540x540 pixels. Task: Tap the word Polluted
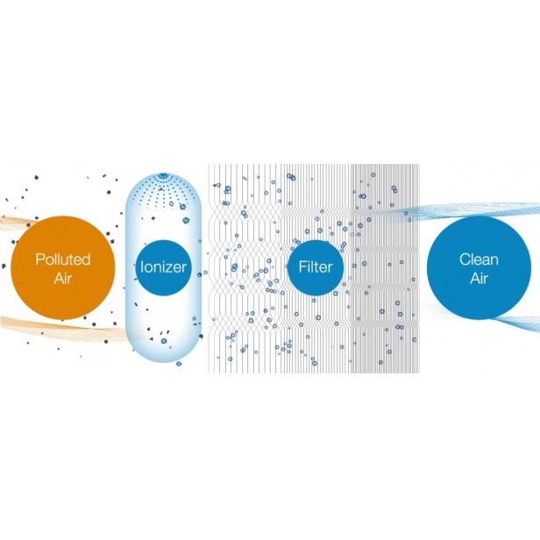(x=63, y=259)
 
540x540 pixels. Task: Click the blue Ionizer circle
(x=164, y=266)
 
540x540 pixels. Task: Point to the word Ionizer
(x=164, y=266)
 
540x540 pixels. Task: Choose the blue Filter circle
(x=313, y=266)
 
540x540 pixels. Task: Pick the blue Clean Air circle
(x=479, y=267)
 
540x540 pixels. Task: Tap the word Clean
(x=479, y=259)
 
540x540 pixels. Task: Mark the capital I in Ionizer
(x=143, y=266)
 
